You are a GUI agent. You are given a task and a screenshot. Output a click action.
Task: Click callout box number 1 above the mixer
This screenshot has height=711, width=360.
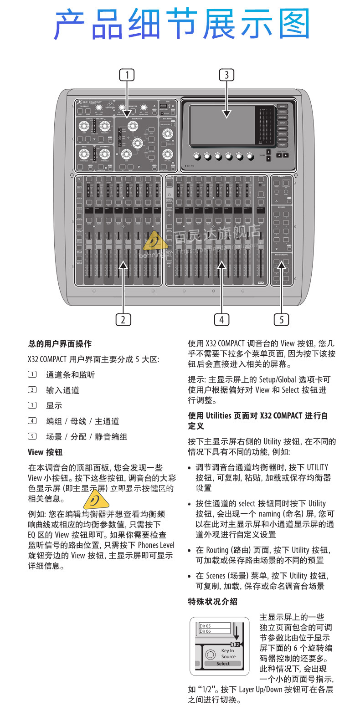(127, 74)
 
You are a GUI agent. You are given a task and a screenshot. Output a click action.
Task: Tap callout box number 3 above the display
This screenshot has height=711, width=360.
(226, 74)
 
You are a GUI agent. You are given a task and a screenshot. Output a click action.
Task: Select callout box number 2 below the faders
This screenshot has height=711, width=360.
(123, 319)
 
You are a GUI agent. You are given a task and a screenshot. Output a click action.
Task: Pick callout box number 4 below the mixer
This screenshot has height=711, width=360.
(221, 319)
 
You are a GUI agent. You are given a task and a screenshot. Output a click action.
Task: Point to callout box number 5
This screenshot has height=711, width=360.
(281, 319)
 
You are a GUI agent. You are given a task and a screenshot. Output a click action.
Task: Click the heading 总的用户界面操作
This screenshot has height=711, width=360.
(60, 344)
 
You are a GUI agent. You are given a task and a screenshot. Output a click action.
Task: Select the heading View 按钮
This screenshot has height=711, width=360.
(45, 452)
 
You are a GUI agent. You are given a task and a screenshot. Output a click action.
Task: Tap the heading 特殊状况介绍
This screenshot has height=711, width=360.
(213, 601)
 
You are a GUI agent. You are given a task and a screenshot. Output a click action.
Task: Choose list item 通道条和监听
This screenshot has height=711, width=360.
(70, 375)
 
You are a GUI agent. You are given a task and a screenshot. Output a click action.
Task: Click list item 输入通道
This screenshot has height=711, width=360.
(62, 390)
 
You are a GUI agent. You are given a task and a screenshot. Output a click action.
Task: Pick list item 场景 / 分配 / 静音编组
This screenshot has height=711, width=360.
(86, 436)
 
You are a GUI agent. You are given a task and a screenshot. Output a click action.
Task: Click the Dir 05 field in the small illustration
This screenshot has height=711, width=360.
(215, 626)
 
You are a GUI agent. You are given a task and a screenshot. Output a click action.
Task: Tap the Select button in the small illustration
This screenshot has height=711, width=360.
(223, 663)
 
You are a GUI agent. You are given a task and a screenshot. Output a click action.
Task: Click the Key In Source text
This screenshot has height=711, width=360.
(228, 654)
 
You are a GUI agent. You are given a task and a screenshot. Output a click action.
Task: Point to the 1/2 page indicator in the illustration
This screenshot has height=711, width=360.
(235, 644)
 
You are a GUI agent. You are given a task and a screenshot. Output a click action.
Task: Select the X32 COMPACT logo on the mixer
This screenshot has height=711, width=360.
(89, 102)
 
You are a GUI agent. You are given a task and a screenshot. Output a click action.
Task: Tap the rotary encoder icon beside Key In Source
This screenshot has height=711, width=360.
(210, 655)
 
